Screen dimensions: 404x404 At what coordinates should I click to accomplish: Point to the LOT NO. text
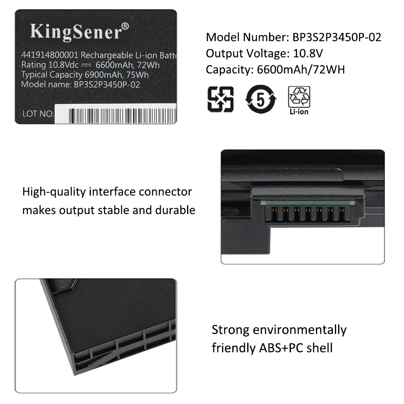pyautogui.click(x=38, y=114)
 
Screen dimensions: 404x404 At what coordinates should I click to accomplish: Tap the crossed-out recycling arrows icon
pyautogui.click(x=220, y=99)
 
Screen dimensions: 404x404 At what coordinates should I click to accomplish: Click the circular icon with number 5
pyautogui.click(x=261, y=99)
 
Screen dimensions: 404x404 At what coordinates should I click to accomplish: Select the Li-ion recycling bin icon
pyautogui.click(x=299, y=97)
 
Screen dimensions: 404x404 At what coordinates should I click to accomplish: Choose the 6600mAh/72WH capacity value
pyautogui.click(x=301, y=69)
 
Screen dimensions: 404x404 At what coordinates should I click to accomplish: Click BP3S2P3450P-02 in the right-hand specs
pyautogui.click(x=337, y=37)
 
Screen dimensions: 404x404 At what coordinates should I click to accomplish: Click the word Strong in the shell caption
pyautogui.click(x=230, y=330)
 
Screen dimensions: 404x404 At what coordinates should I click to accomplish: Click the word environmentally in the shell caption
pyautogui.click(x=300, y=330)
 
